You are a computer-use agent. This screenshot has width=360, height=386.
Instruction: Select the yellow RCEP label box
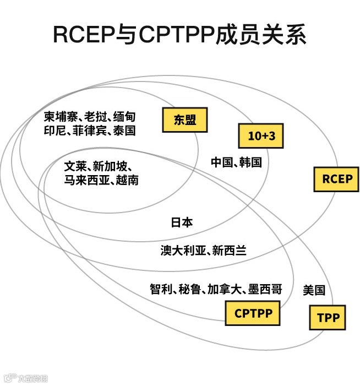click(336, 179)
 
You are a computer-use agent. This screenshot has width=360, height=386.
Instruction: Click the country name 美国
click(314, 290)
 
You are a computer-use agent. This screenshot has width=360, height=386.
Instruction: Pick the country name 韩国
click(250, 162)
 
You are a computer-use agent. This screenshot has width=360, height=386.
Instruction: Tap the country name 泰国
click(125, 131)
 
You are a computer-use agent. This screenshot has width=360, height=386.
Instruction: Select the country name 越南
click(127, 180)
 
